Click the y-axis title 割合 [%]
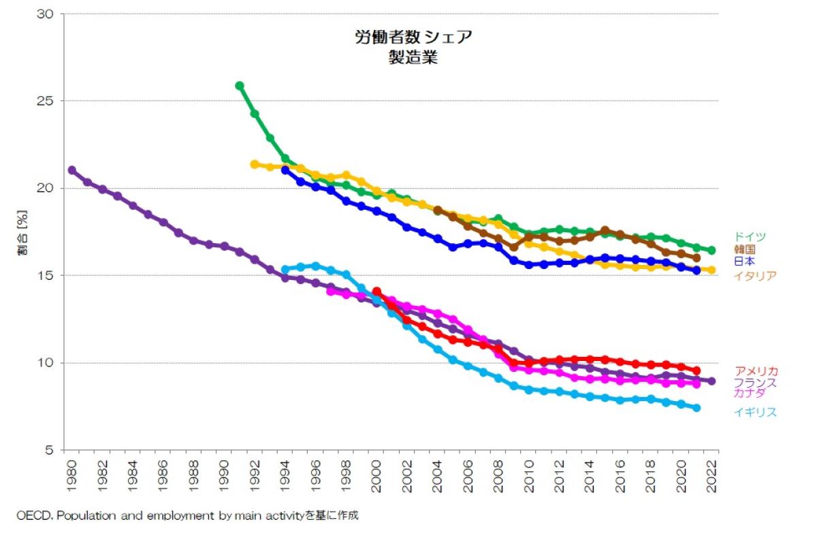pos(23,232)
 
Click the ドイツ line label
pos(750,236)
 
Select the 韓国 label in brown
pos(745,249)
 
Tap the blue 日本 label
pos(745,261)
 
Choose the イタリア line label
pos(755,276)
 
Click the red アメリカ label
pos(756,371)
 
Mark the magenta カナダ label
pos(750,393)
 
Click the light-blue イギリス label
pos(755,412)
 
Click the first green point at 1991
pos(240,86)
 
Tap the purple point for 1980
pos(72,170)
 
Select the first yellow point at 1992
pos(255,164)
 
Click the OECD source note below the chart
pos(187,516)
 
